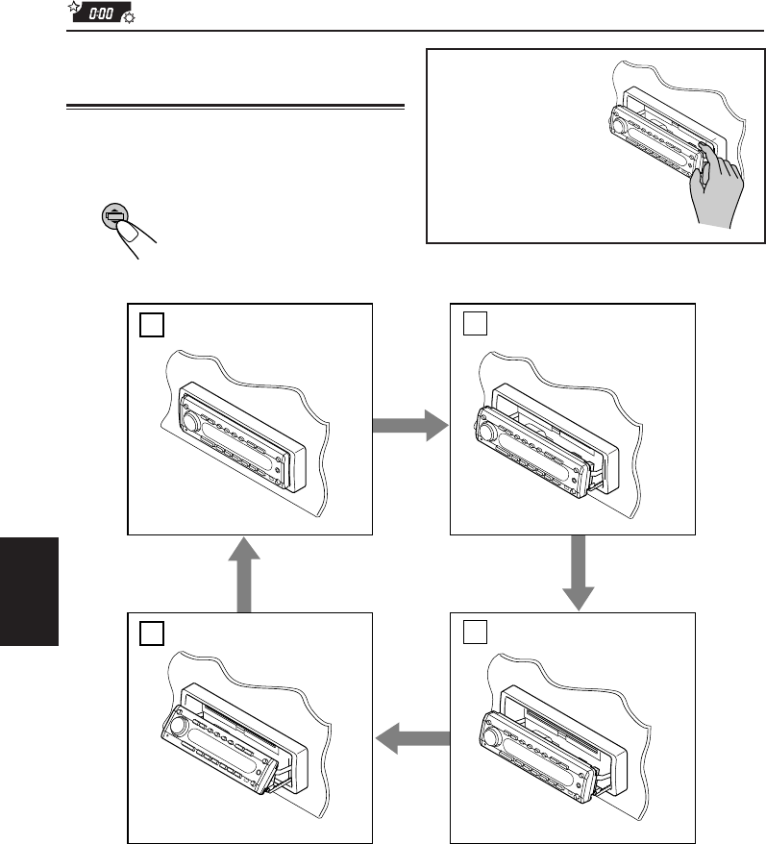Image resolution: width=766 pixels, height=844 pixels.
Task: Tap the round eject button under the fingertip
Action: [x=114, y=215]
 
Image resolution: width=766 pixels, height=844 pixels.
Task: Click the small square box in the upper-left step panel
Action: [x=149, y=325]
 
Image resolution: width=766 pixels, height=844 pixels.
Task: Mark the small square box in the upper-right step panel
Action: [x=472, y=325]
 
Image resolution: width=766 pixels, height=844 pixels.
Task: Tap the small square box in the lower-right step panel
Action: [x=472, y=632]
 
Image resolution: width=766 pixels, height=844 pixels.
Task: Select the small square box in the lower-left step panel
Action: [x=149, y=632]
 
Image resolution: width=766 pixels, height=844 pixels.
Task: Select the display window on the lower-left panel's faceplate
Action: [x=221, y=741]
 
